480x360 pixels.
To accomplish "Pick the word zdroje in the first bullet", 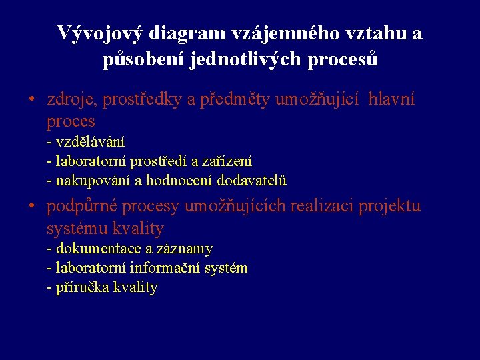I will pos(70,101).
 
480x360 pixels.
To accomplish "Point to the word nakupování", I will pos(93,180).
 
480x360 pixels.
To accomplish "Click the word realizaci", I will pos(322,207).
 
